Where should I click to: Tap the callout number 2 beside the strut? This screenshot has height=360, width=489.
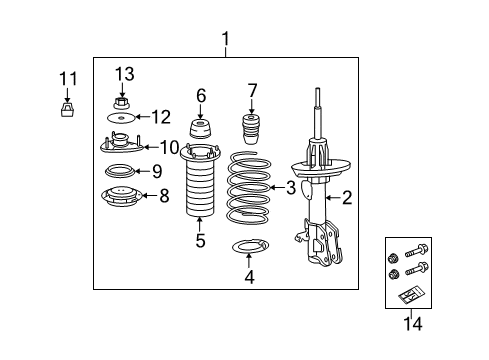click(x=346, y=198)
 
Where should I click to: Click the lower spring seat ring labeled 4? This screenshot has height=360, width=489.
click(x=249, y=247)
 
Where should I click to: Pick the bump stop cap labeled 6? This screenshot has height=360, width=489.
click(x=200, y=130)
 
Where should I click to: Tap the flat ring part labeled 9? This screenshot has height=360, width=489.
click(x=120, y=171)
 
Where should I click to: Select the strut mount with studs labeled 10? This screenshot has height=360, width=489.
click(x=120, y=146)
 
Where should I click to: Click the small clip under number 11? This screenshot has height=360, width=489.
click(x=67, y=110)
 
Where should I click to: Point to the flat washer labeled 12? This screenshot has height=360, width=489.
click(x=121, y=119)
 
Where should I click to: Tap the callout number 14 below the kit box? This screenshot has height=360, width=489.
click(x=411, y=323)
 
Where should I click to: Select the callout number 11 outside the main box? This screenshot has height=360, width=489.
click(x=67, y=78)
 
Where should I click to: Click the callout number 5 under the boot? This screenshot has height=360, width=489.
click(x=200, y=241)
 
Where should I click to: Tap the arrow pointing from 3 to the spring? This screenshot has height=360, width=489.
click(x=277, y=187)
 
